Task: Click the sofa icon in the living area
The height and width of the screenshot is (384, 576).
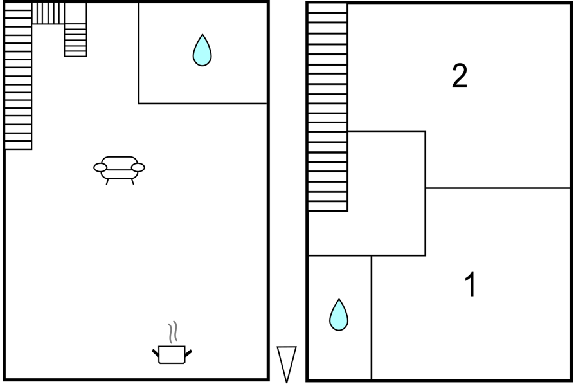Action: click(x=119, y=170)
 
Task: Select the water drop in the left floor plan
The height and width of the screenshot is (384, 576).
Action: click(x=202, y=50)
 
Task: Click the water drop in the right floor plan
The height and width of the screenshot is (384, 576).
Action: click(x=339, y=315)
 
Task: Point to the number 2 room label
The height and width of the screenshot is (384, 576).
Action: click(x=460, y=76)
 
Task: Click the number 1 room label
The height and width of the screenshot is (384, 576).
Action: click(x=471, y=284)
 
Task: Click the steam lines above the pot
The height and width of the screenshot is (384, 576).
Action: click(x=173, y=332)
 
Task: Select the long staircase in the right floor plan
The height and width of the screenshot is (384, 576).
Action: click(x=328, y=107)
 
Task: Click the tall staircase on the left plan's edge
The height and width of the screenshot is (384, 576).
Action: click(x=18, y=76)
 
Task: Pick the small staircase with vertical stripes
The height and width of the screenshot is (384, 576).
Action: click(x=48, y=14)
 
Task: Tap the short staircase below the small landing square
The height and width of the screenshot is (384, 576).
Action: click(x=75, y=40)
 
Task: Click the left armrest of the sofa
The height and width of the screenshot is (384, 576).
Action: click(x=100, y=168)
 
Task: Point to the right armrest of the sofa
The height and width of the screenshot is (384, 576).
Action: click(x=138, y=168)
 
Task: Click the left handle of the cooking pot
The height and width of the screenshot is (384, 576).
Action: click(x=156, y=353)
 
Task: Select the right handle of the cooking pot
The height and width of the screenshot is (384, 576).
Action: click(x=188, y=354)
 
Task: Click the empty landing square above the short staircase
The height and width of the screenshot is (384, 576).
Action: click(x=75, y=14)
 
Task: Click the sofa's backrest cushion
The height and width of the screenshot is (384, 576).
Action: click(x=120, y=163)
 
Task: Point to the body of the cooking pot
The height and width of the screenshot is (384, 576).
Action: click(x=172, y=355)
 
